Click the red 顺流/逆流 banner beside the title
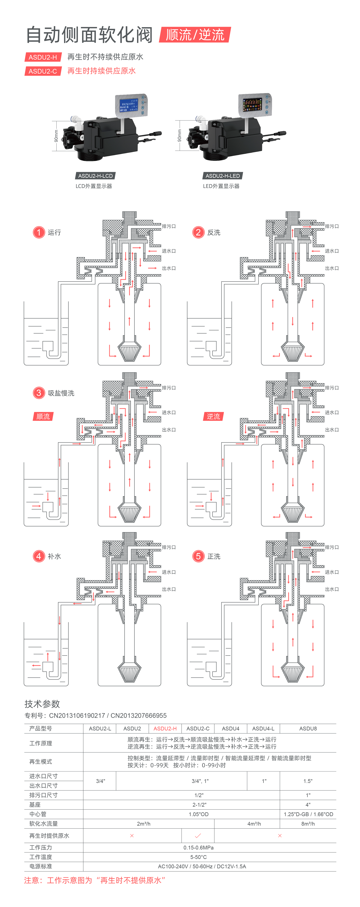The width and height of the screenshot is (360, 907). click(x=195, y=35)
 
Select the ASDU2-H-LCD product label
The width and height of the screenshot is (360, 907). click(x=95, y=176)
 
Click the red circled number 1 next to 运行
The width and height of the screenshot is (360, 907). click(x=39, y=232)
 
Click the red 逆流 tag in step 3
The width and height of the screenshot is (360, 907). click(x=213, y=417)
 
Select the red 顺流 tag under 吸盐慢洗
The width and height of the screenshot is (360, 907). click(x=43, y=417)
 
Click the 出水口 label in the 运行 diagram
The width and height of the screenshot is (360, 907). click(x=169, y=268)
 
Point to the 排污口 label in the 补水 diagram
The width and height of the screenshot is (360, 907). click(x=169, y=547)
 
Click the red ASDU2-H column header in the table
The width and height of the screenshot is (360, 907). click(x=165, y=729)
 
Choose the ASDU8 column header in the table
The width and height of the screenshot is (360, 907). click(x=308, y=729)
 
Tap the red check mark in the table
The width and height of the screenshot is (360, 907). click(x=198, y=835)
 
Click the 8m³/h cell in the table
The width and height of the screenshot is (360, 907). click(x=308, y=824)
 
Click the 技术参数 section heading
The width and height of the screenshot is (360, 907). click(x=42, y=704)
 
